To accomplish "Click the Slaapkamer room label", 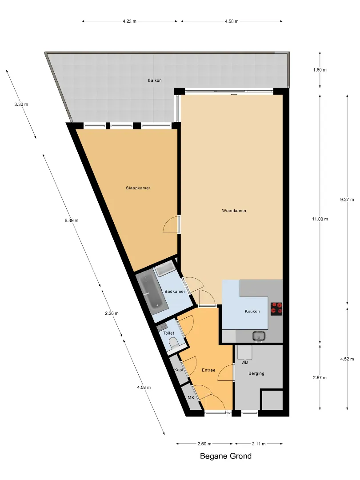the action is point(138,188).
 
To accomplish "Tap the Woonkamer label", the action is point(234,211).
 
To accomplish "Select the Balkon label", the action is point(155,80).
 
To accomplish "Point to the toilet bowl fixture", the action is point(174,343).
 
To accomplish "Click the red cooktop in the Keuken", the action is point(276,308).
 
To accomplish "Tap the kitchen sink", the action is point(259,336).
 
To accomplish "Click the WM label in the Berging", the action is point(245,363).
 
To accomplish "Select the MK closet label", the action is point(191,398).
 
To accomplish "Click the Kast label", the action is point(179,369).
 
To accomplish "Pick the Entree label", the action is point(209,370).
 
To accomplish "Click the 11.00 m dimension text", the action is point(320,219).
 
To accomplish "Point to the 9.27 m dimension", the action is point(347,200).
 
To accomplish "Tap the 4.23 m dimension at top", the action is point(129,21).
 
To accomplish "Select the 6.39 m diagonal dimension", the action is point(72,220).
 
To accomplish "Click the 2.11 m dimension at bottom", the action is point(259,444).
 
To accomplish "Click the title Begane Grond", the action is point(226,456).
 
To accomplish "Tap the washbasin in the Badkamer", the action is point(165,270).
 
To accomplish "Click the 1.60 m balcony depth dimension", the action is point(320,70).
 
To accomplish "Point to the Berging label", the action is point(256,373).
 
